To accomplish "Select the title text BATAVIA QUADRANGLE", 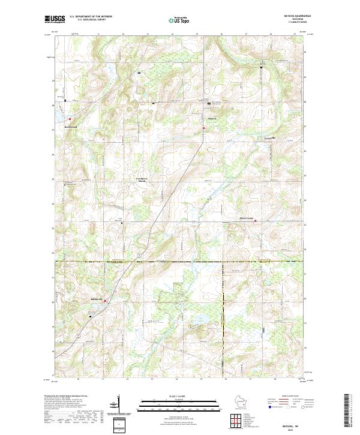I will point(293,16).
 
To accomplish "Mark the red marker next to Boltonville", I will point(105,301).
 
